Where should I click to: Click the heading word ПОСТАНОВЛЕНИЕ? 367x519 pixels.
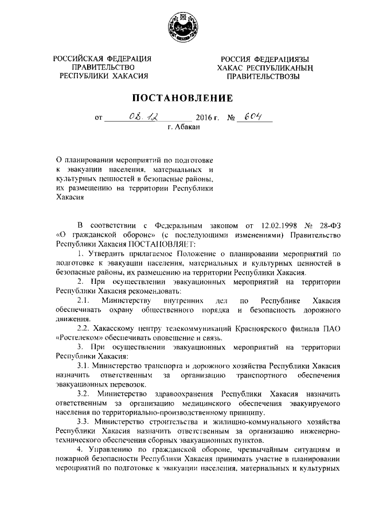tap(183, 97)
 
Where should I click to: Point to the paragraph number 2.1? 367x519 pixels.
tap(83, 301)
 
